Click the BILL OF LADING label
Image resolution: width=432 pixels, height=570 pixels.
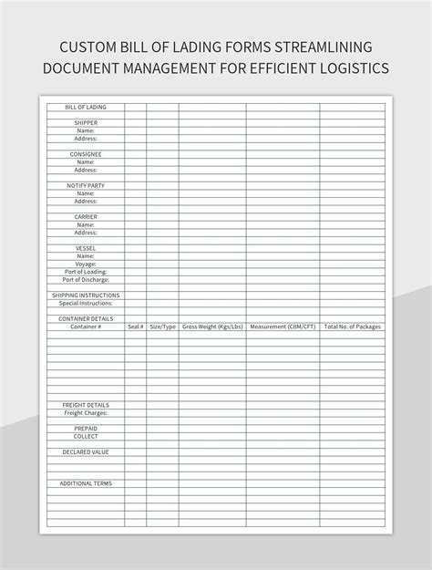[86, 107]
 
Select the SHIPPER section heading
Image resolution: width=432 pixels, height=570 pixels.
[86, 122]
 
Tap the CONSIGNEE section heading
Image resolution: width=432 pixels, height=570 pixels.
[86, 154]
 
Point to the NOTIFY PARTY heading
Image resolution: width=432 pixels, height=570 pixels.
[86, 185]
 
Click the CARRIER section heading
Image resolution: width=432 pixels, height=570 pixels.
[86, 216]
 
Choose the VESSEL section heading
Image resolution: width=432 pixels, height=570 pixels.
[86, 248]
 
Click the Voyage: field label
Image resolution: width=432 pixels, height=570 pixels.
[86, 264]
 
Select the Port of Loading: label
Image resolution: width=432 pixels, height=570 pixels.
[86, 272]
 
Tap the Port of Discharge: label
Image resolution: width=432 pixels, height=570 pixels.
[86, 279]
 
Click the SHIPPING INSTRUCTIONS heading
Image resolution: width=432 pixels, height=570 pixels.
[86, 295]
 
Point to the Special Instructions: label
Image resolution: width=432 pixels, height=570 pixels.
[86, 303]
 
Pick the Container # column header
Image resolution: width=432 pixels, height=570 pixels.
[86, 326]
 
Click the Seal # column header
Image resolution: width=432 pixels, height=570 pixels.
[136, 326]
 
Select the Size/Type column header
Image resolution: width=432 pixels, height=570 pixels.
[162, 326]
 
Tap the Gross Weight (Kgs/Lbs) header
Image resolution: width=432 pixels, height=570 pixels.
[211, 326]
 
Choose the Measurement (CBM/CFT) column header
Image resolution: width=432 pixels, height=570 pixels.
[282, 326]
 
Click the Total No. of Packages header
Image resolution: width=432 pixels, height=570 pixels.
[352, 326]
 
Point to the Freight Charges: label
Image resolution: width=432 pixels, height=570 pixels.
[86, 412]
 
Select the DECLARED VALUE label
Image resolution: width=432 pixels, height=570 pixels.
[86, 451]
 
